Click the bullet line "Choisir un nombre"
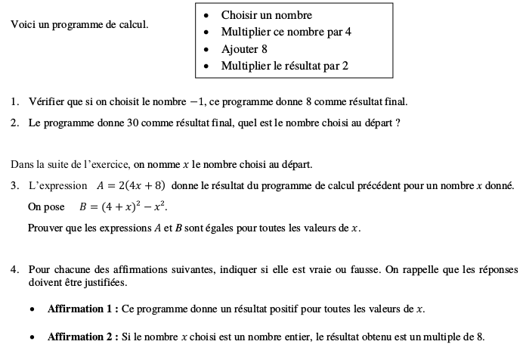coord(266,15)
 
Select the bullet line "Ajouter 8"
coord(244,49)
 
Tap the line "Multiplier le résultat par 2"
coord(284,66)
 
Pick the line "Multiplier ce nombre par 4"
coord(286,32)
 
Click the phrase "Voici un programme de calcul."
coord(79,24)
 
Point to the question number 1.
coord(15,101)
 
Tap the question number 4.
coord(15,269)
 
